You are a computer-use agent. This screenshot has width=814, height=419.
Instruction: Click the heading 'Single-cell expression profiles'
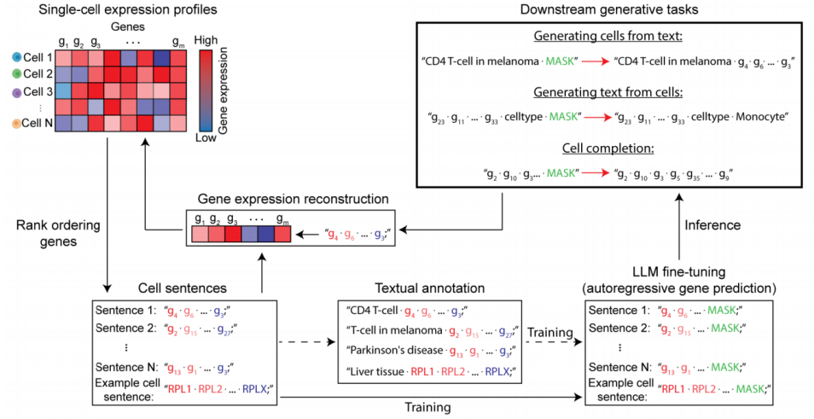(113, 10)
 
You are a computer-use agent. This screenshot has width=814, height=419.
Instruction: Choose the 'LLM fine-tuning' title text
(680, 271)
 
